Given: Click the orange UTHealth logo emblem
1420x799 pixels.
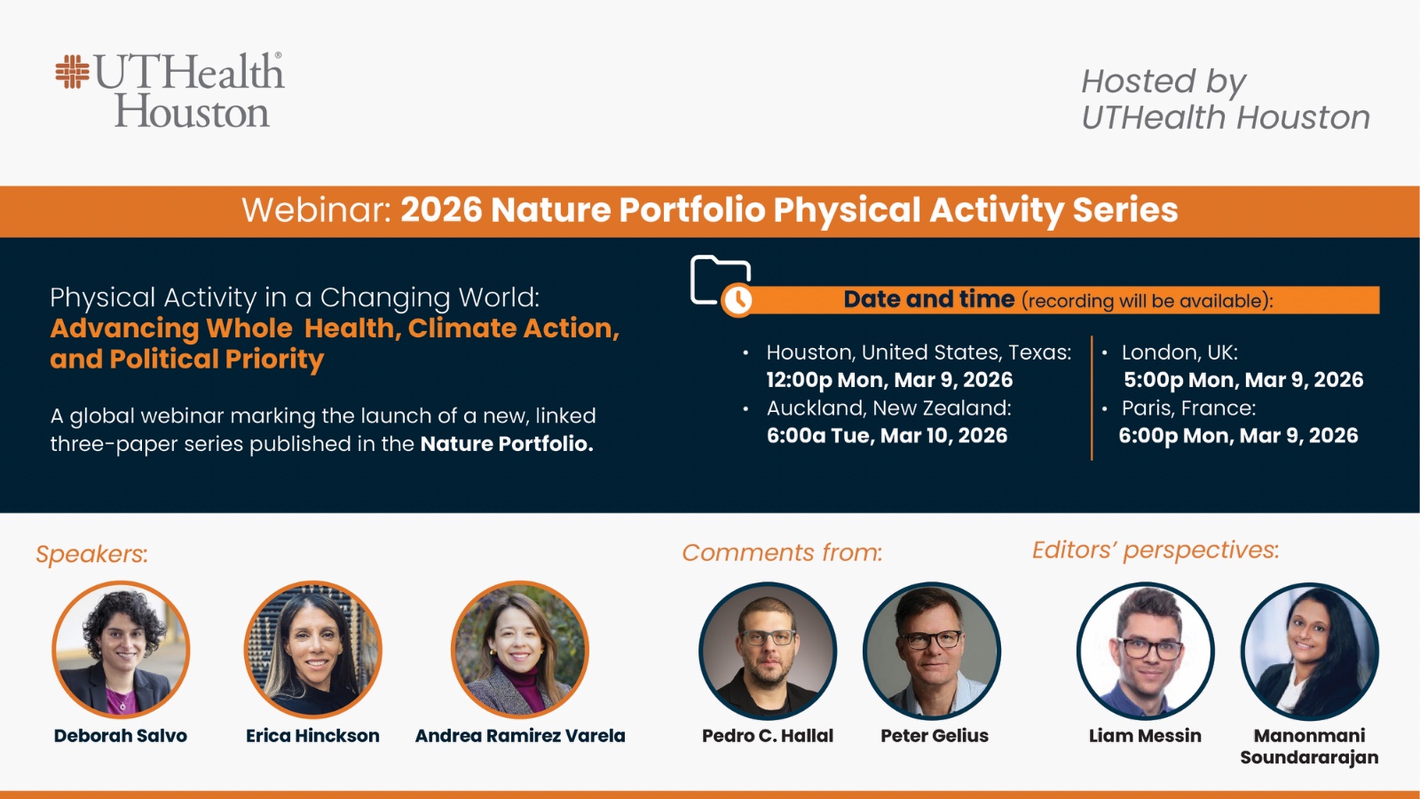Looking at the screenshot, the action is pos(72,72).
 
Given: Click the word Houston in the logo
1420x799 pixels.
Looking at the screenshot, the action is pos(192,112).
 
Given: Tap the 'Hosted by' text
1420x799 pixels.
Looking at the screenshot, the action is pos(1164,82).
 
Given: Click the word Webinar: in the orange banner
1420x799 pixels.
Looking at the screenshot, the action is pos(317,210).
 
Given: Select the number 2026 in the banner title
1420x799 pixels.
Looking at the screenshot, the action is pos(441,210).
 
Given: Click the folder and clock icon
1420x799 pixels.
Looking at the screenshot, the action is pos(722,285).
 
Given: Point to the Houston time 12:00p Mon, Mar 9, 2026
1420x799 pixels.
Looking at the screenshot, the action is pos(889,380).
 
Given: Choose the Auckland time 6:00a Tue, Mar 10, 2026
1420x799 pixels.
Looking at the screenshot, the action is pos(887,436).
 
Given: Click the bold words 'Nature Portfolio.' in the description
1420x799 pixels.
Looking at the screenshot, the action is pos(507,444).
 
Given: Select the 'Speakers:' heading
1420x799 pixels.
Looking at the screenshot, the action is pos(92,554).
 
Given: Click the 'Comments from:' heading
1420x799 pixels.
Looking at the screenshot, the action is pos(782,553).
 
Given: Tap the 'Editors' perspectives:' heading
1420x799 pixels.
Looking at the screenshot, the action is pos(1156,550).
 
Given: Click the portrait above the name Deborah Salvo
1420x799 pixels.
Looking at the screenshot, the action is pos(121,650).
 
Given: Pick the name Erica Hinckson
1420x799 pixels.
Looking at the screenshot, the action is pos(312,736).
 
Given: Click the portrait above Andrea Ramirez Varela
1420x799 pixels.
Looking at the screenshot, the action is pos(520,650).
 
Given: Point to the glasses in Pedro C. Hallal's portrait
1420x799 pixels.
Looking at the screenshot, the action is pos(769,637).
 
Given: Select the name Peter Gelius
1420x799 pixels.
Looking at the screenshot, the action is pos(935,736).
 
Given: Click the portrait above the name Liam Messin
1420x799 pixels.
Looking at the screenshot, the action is pos(1145,652).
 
